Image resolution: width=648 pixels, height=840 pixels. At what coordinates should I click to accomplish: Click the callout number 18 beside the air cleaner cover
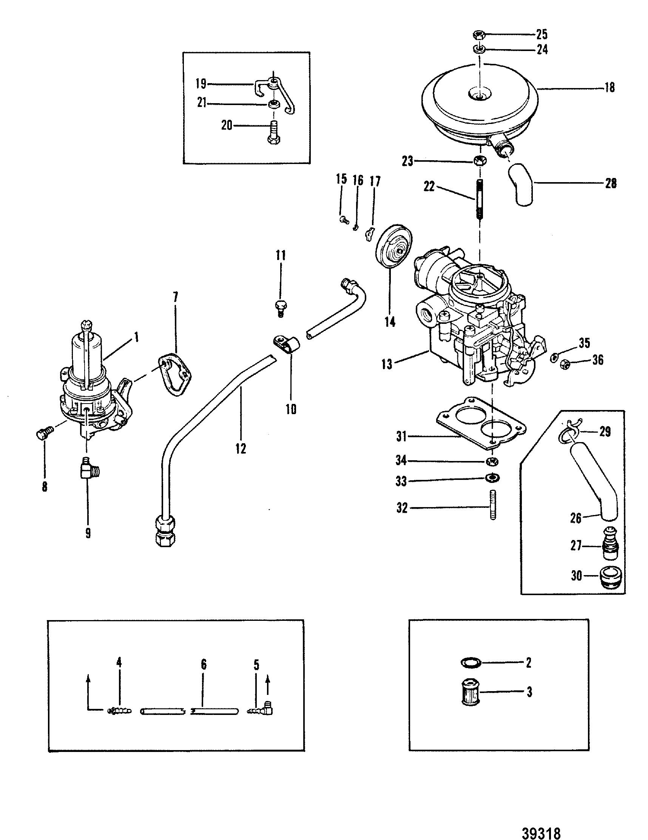pos(609,88)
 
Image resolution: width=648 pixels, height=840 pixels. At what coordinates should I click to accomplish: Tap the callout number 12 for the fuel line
pos(241,448)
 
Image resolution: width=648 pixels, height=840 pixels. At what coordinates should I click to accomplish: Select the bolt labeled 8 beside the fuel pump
pos(44,433)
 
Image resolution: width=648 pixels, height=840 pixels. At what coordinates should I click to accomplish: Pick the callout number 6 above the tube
pos(204,664)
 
